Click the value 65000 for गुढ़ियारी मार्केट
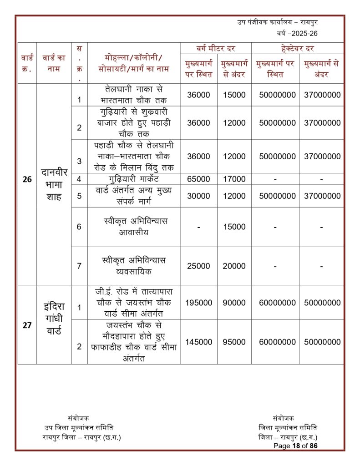click(198, 179)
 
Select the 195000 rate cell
click(198, 303)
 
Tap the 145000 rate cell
click(198, 342)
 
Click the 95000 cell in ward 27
click(234, 342)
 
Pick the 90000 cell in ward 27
click(234, 303)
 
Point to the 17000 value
click(234, 179)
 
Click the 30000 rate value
click(198, 196)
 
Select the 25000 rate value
click(198, 266)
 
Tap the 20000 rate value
click(234, 266)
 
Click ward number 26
click(27, 179)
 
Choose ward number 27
click(27, 325)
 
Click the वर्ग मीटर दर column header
click(216, 48)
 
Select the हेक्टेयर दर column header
click(298, 48)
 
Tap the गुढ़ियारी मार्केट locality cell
click(134, 179)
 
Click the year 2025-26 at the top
click(300, 34)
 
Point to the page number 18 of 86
click(295, 446)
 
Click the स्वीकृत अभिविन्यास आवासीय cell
click(134, 226)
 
